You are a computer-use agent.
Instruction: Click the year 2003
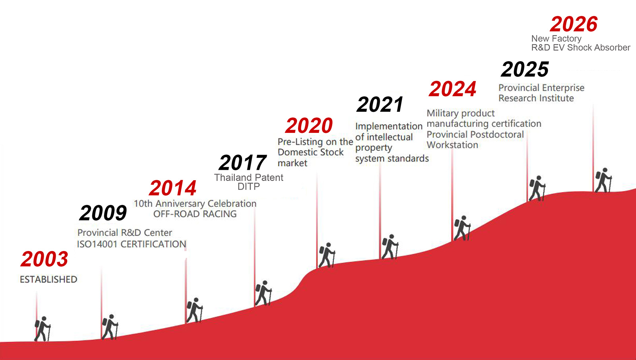pos(44,259)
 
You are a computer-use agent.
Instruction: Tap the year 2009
pos(103,213)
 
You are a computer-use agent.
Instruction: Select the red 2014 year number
pos(173,188)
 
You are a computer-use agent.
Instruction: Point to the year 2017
pos(243,162)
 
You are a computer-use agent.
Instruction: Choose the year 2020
pos(309,125)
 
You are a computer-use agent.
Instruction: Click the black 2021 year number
pos(380,104)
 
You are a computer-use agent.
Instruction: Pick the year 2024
pos(452,89)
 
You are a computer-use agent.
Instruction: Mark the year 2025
pos(525,69)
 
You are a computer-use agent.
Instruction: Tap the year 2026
pos(574,24)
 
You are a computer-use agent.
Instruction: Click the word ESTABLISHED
pos(48,279)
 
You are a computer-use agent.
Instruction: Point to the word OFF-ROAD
pos(171,214)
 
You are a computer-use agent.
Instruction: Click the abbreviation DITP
pos(249,187)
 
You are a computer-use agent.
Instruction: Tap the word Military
pos(443,113)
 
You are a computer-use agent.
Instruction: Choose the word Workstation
pos(452,145)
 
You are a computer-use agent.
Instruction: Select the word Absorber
pos(612,47)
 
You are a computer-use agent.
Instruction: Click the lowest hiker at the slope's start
pos(43,329)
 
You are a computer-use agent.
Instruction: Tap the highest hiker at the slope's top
pos(603,181)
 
